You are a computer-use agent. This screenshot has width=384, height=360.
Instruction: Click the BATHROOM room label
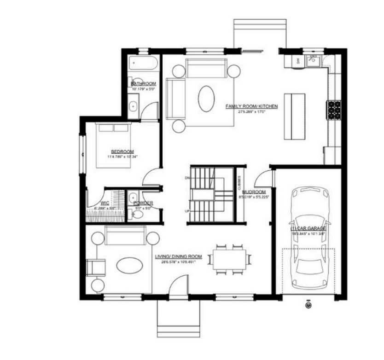[143, 84]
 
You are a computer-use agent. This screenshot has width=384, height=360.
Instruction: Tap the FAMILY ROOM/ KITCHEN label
[251, 106]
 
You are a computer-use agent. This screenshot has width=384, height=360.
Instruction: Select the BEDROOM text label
[122, 152]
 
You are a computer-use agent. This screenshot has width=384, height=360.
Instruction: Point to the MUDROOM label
[255, 192]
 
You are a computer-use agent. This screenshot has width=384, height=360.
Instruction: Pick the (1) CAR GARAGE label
[308, 228]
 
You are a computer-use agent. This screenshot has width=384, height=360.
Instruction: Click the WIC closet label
[105, 203]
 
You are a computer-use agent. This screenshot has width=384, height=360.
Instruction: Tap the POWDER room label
[143, 203]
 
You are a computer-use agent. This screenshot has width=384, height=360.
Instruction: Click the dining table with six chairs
[229, 260]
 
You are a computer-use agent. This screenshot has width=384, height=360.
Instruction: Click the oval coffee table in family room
[206, 97]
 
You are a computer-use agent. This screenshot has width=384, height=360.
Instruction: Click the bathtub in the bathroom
[143, 63]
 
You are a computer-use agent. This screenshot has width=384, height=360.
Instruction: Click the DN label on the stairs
[187, 178]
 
